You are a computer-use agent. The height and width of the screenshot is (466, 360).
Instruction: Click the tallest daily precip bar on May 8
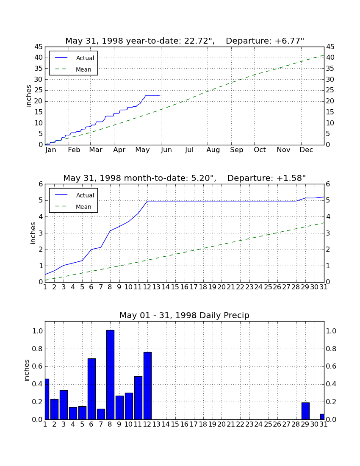coord(110,375)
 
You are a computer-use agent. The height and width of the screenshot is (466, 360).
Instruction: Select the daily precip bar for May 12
coord(148,386)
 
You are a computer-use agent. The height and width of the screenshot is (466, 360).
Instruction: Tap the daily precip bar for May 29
coord(305,411)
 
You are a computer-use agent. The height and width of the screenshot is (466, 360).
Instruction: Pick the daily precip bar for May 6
coord(92,389)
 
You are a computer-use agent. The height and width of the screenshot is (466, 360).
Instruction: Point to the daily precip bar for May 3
coord(64,405)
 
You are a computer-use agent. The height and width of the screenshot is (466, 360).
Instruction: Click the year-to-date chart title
coord(185,41)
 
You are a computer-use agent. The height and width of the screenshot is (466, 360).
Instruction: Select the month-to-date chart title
coord(185,178)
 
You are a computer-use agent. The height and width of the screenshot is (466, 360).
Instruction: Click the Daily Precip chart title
coord(185,315)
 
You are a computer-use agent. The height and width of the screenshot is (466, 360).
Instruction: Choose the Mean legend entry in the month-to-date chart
coord(73,207)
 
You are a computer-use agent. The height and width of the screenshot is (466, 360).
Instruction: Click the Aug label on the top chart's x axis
coord(213,150)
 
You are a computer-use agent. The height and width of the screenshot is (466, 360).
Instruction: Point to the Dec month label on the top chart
coord(306,150)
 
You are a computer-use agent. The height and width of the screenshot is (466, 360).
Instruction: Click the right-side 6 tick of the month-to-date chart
coord(328,184)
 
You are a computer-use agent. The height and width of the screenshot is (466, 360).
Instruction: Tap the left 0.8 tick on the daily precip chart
coord(37,349)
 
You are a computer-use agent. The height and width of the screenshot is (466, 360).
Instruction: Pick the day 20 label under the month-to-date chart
coord(222,287)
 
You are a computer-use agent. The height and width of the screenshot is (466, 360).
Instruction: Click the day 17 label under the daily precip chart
coord(194,424)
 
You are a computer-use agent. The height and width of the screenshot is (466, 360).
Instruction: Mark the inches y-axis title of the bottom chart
coord(27,370)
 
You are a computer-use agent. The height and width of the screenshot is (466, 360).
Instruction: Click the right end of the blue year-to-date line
coord(160,95)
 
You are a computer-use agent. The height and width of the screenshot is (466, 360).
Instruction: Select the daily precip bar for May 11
coord(138,398)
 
